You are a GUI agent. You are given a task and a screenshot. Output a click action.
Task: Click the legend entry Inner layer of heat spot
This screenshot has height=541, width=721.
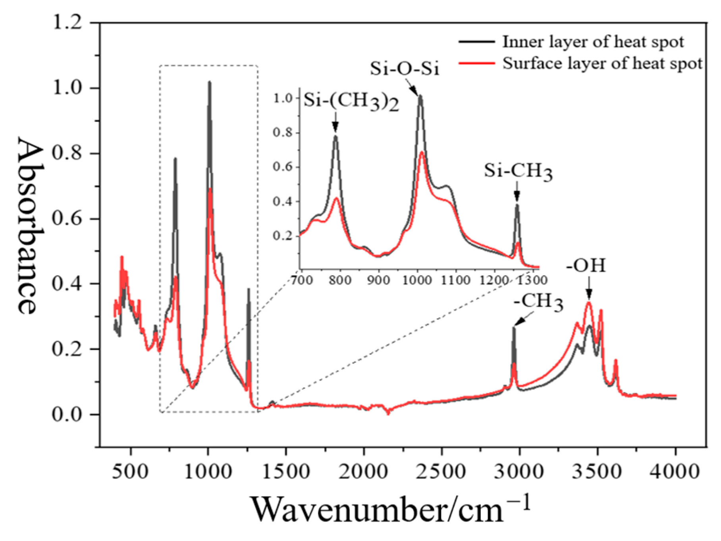(x=593, y=42)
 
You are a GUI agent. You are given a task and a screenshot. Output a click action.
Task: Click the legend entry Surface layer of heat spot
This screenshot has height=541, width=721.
(x=602, y=63)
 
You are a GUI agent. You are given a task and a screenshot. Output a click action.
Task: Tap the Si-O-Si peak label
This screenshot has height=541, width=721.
(x=405, y=69)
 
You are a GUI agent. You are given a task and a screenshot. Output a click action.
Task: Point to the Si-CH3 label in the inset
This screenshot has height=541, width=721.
(x=518, y=172)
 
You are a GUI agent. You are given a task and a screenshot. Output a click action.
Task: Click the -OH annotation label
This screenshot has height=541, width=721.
(x=586, y=266)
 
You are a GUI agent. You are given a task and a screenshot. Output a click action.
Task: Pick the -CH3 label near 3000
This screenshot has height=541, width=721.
(x=538, y=302)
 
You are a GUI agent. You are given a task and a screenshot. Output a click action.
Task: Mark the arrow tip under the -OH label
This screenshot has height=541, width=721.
(x=589, y=298)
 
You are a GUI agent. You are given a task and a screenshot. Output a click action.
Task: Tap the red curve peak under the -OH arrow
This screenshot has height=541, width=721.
(x=589, y=303)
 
